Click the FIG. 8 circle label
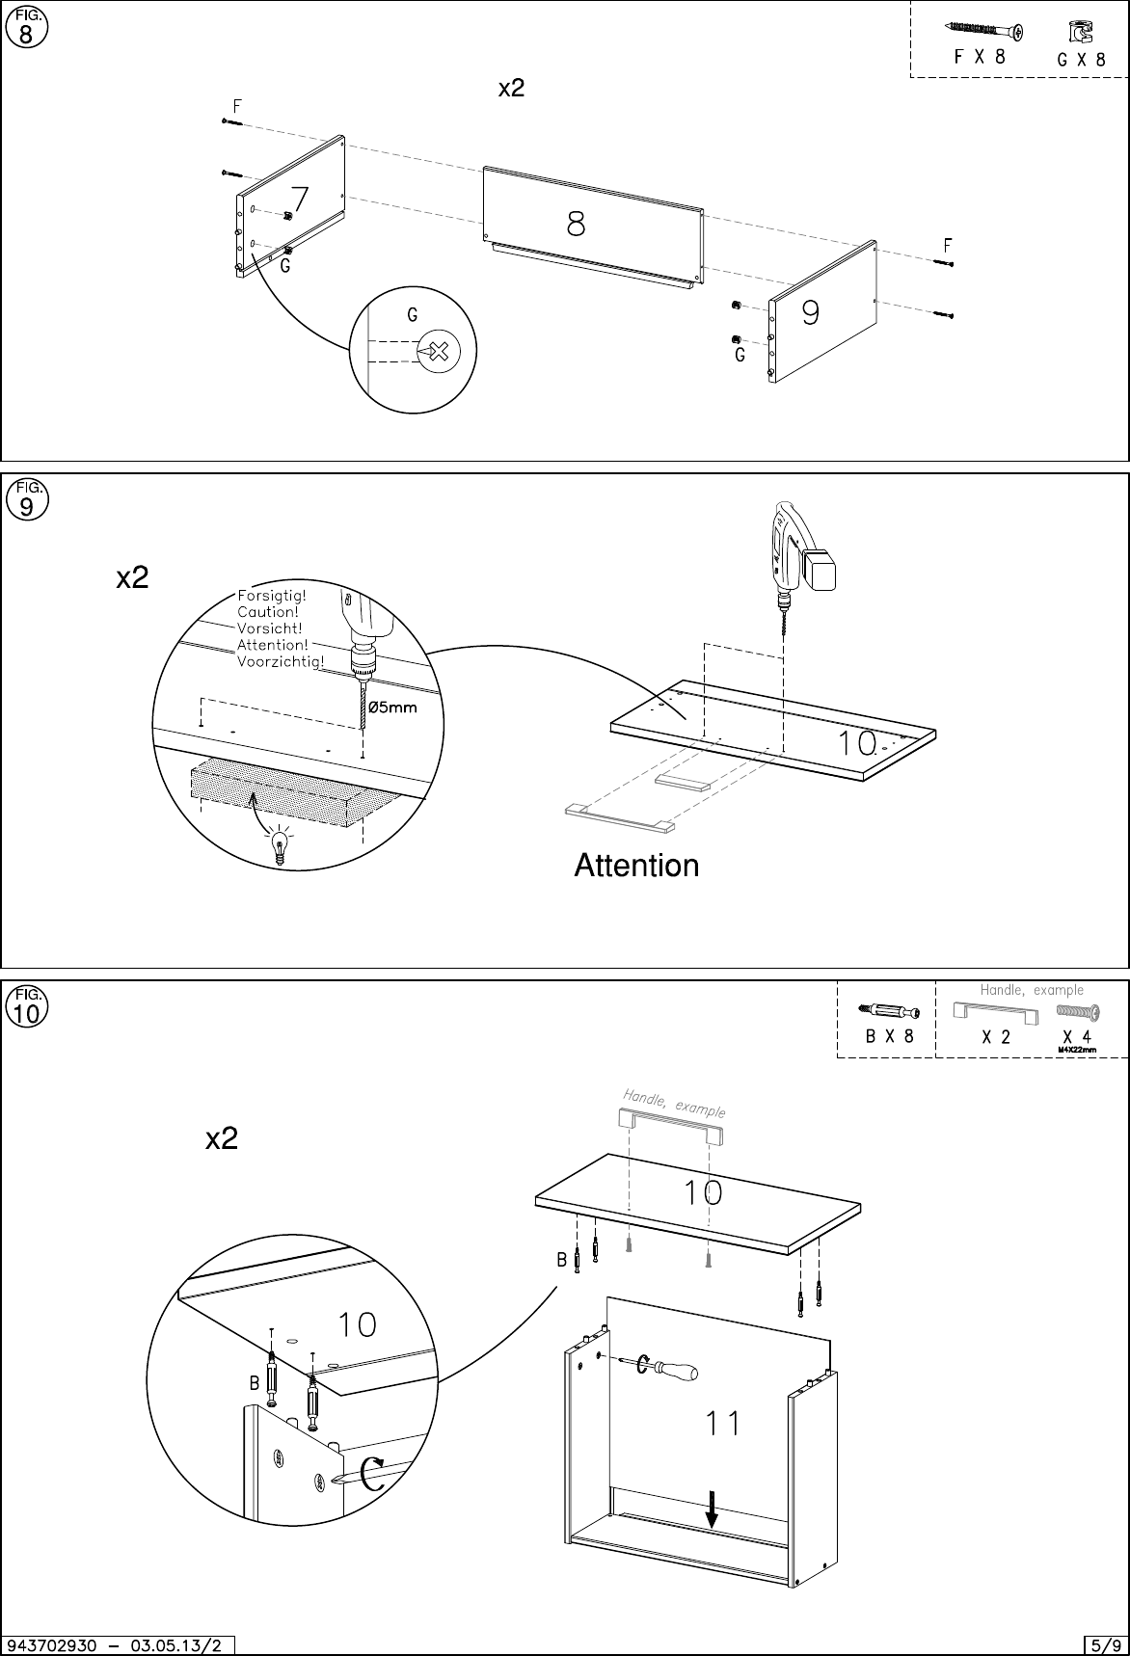26,27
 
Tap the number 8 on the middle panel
575,225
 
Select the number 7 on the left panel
299,200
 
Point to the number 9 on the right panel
810,313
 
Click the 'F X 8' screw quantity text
979,57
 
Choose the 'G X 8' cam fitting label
1081,58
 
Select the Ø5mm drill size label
394,708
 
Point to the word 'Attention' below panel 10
636,866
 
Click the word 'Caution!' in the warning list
268,612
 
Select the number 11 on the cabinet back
722,1423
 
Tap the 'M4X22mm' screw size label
1077,1050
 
